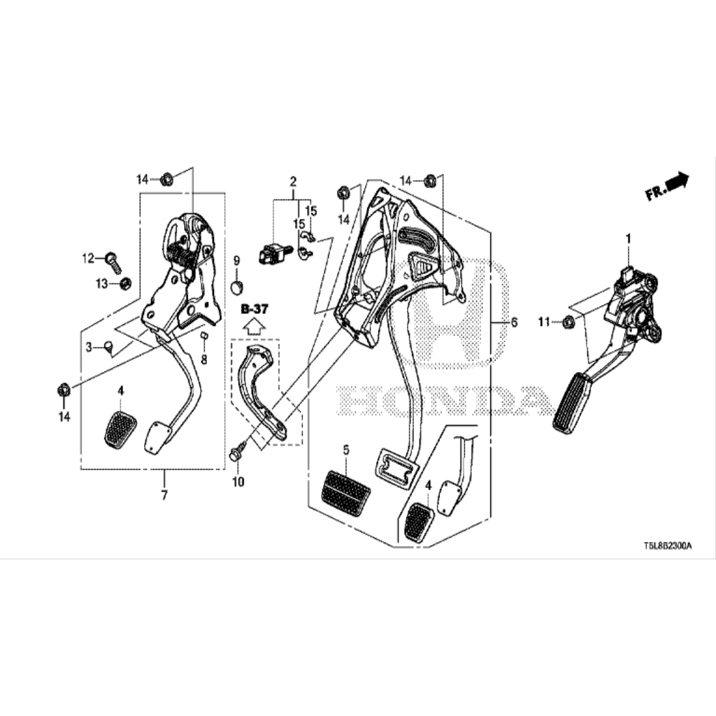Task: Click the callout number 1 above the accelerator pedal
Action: click(629, 238)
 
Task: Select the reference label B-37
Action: click(255, 309)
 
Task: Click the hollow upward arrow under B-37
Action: click(255, 327)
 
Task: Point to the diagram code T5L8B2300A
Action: click(668, 545)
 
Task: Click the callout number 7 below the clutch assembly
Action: click(164, 494)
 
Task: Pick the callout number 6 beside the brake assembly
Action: click(514, 322)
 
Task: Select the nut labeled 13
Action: click(125, 284)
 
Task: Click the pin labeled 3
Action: click(108, 345)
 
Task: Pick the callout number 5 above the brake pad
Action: click(346, 451)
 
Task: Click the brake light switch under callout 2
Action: click(274, 254)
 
